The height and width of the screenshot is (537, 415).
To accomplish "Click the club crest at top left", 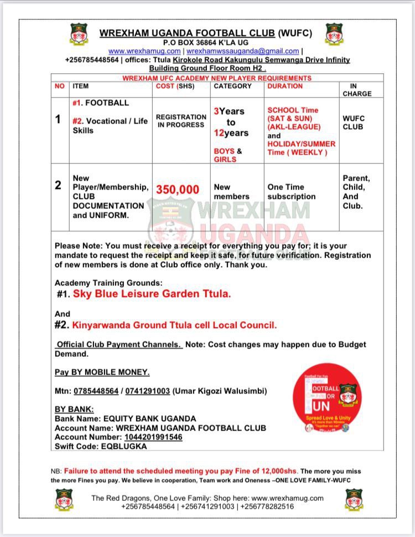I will (79, 34).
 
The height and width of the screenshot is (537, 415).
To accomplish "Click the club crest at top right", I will (334, 34).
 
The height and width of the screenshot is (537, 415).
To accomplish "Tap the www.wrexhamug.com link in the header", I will (144, 51).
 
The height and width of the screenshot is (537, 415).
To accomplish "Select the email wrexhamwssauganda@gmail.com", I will (242, 51).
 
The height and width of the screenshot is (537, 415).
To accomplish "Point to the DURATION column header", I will (285, 86).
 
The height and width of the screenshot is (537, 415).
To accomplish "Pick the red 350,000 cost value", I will (178, 190).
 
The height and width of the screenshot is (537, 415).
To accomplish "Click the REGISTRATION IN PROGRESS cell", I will (181, 121).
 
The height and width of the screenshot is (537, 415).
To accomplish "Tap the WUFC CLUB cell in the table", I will (354, 122).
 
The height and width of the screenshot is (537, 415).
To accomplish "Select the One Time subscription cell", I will (292, 192).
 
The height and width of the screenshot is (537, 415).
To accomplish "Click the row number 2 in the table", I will (58, 186).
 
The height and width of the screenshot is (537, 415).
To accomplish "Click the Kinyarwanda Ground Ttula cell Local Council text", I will (175, 325).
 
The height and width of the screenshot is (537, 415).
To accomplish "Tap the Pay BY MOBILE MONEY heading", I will (102, 372).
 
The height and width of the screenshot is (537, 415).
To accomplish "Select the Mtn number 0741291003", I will (148, 391).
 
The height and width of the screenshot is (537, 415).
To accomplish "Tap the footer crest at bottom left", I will (64, 499).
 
